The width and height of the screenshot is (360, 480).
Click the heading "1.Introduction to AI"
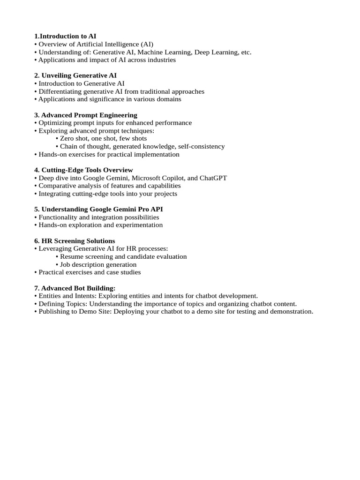point(65,36)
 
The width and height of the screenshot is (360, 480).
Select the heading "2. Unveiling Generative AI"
point(75,75)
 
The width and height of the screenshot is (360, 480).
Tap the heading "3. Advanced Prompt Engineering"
point(86,115)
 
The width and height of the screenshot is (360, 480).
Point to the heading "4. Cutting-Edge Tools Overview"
point(83,170)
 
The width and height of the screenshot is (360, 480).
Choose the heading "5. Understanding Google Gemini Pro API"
point(98,209)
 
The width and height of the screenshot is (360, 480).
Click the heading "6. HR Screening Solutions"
point(75,241)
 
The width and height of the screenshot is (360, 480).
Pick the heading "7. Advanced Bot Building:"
point(75,288)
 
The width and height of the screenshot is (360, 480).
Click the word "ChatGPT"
point(213,178)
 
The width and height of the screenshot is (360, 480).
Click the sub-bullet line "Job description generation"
point(98,264)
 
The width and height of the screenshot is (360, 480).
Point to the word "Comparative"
point(57,186)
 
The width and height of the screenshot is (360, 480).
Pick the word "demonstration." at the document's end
point(290,311)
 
